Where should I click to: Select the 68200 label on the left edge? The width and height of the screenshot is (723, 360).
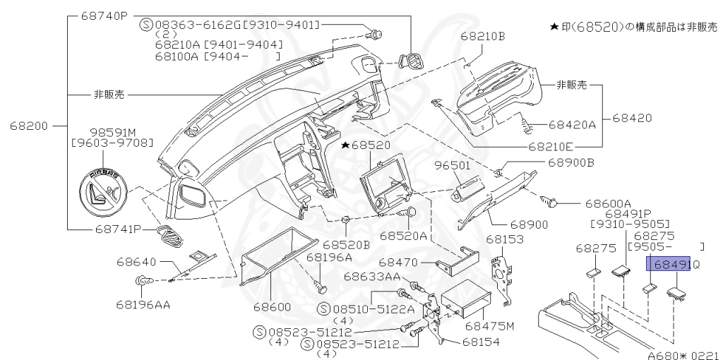29,126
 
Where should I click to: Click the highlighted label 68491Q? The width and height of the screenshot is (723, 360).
675,265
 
